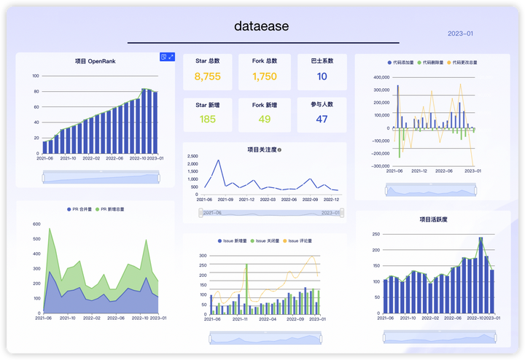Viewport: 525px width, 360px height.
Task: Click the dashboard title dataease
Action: (262, 26)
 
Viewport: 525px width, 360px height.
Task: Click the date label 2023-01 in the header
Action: (460, 34)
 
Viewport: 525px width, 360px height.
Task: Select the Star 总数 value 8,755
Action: (208, 77)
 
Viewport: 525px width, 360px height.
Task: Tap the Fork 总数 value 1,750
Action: (265, 77)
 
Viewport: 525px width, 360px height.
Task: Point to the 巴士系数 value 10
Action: (322, 77)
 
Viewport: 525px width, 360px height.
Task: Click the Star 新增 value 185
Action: (208, 120)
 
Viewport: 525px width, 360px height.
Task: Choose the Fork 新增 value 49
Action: (265, 120)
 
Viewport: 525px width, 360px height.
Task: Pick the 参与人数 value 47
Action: (322, 120)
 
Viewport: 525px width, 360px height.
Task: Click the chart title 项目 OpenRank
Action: (96, 61)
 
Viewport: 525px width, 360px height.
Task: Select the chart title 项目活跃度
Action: (433, 219)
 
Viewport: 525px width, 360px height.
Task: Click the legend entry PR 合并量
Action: (82, 209)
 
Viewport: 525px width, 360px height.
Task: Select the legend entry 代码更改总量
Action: (462, 63)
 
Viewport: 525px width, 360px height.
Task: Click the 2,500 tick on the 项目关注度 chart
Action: (192, 156)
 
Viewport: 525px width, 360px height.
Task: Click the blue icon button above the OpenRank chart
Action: (165, 57)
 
